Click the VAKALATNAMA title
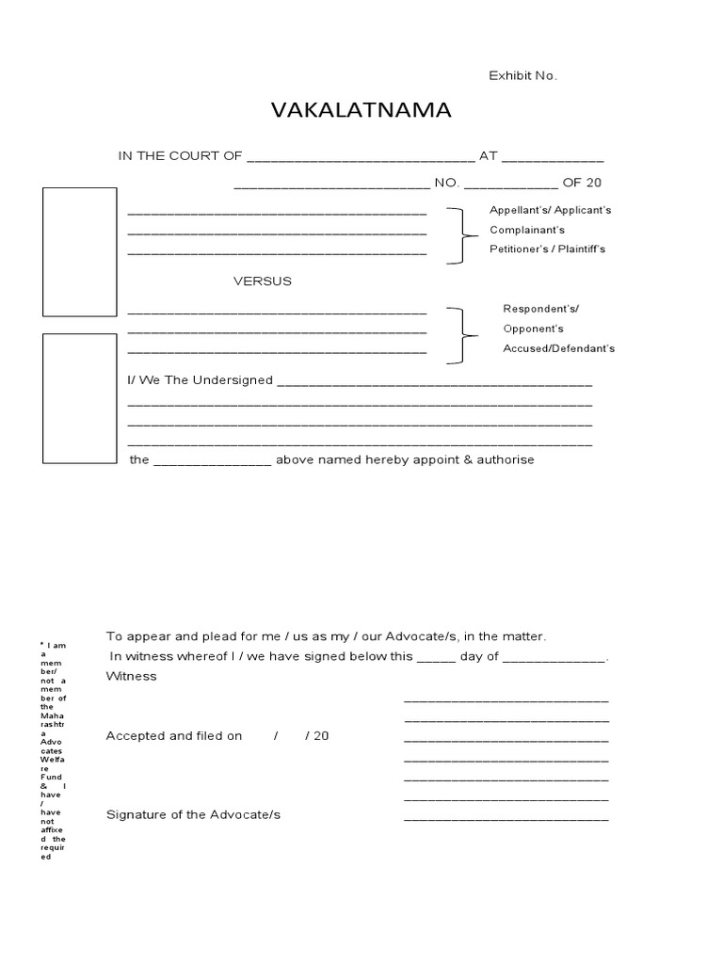pyautogui.click(x=361, y=111)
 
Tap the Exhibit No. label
pyautogui.click(x=522, y=75)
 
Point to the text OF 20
pyautogui.click(x=582, y=183)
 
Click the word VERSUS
pyautogui.click(x=263, y=281)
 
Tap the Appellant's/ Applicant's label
pyautogui.click(x=550, y=210)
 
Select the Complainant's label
pyautogui.click(x=527, y=230)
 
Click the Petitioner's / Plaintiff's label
pyautogui.click(x=547, y=249)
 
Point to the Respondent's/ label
pyautogui.click(x=541, y=309)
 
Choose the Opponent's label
pyautogui.click(x=533, y=329)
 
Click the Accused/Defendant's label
pyautogui.click(x=558, y=348)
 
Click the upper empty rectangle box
pyautogui.click(x=80, y=251)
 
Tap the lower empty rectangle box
pyautogui.click(x=80, y=398)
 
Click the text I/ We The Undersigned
pyautogui.click(x=200, y=380)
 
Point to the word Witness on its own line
pyautogui.click(x=132, y=676)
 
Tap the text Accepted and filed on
pyautogui.click(x=174, y=736)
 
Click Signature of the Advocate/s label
pyautogui.click(x=193, y=814)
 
